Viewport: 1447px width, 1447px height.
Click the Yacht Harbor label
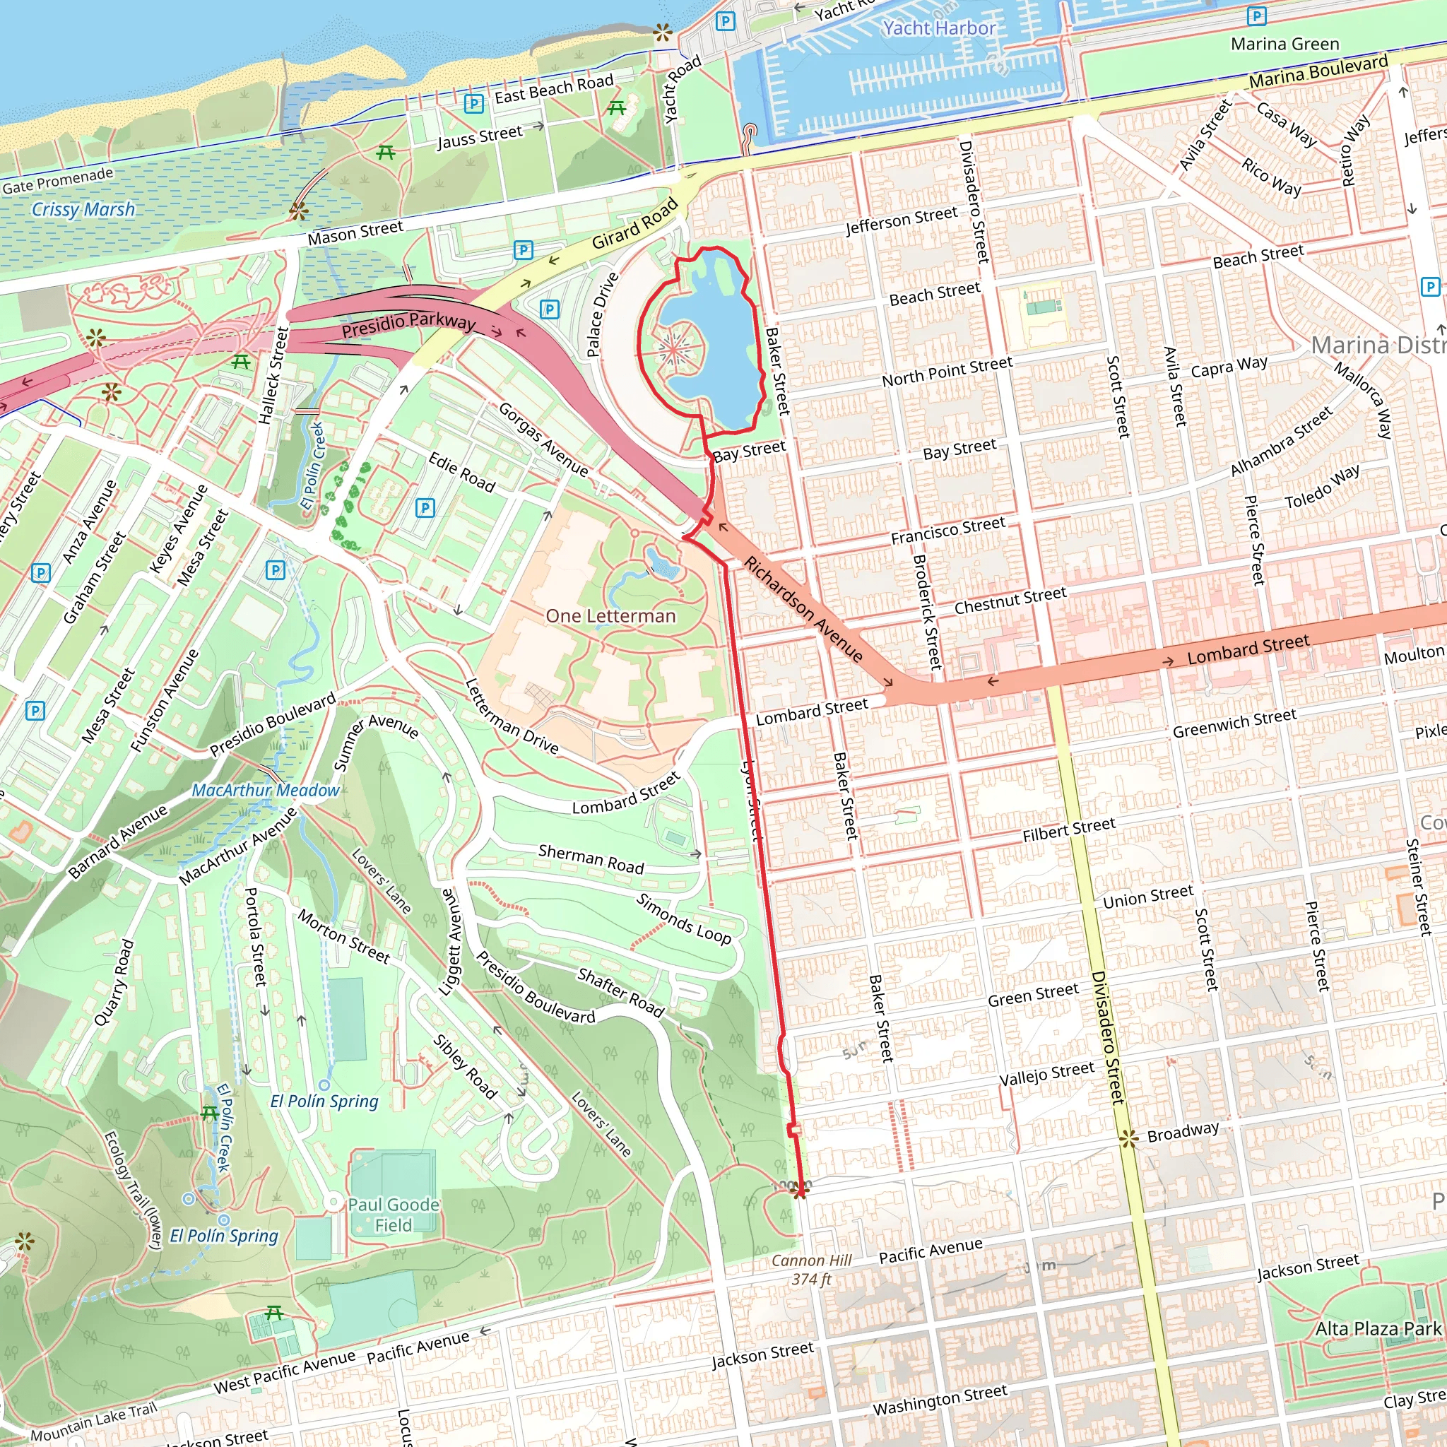click(x=939, y=28)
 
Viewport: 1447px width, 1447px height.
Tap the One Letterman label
click(x=610, y=615)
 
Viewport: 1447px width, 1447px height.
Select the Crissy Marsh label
click(x=83, y=209)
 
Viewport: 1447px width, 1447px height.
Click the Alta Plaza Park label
click(x=1378, y=1329)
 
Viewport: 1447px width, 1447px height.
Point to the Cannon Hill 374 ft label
click(x=812, y=1270)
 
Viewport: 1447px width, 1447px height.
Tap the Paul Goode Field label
click(x=394, y=1215)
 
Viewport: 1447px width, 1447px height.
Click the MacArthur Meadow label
click(x=265, y=790)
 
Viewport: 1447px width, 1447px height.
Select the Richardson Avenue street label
click(x=803, y=609)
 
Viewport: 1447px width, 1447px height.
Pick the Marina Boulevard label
click(x=1318, y=71)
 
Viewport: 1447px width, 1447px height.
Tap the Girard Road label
click(x=635, y=223)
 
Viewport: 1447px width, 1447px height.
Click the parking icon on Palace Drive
click(x=550, y=309)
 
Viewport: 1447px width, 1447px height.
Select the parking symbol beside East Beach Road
click(x=473, y=103)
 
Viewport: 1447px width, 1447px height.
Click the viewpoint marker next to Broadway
click(x=1128, y=1138)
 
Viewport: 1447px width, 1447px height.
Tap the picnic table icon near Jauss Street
click(x=386, y=152)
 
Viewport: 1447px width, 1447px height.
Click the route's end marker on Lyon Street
click(x=800, y=1189)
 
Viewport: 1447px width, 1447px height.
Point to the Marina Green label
click(x=1284, y=45)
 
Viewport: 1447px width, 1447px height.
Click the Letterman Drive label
click(x=512, y=716)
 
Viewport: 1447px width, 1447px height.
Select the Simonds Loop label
click(x=683, y=919)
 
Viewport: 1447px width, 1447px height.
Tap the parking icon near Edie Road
click(x=425, y=508)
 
